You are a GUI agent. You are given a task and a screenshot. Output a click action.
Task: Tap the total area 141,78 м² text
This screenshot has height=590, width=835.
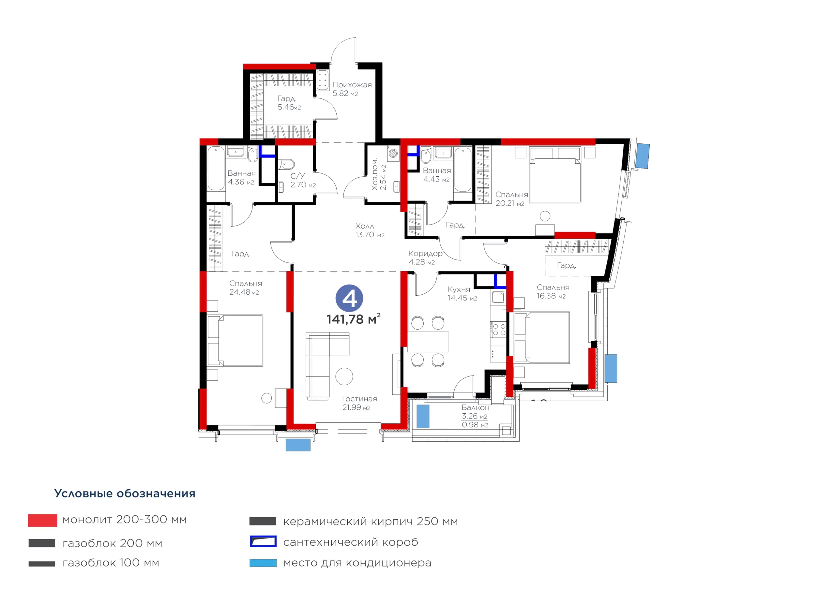353,319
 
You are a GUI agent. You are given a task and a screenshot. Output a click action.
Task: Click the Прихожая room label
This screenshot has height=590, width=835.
352,85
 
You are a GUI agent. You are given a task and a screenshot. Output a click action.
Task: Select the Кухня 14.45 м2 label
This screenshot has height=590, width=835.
462,293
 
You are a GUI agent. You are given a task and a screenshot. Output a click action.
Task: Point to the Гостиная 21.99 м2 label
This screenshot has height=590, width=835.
359,403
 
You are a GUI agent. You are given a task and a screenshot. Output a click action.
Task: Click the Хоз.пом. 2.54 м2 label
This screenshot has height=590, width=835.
379,174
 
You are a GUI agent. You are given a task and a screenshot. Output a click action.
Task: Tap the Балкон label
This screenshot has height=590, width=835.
475,407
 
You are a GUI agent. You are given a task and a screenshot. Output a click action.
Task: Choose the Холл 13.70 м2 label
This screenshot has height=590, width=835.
370,230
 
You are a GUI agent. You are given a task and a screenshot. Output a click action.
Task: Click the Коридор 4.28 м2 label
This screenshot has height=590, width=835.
425,258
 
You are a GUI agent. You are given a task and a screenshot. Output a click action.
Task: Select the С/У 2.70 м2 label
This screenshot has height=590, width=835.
303,180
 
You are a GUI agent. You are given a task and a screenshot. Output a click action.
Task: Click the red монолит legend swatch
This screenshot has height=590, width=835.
42,520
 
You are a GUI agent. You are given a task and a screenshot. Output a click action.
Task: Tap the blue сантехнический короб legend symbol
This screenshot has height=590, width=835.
263,541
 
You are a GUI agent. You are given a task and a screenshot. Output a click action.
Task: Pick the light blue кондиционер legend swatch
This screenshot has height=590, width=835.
263,563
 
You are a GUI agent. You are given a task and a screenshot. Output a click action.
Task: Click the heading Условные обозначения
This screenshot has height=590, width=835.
125,493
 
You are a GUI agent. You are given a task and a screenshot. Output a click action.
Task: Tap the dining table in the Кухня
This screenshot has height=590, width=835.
427,341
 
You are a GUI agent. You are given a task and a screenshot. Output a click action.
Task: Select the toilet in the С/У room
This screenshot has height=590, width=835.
287,164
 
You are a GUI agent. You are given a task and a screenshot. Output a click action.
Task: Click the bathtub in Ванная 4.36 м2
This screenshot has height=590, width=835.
216,168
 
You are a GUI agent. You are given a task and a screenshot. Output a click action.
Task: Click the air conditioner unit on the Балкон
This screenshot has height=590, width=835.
423,416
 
